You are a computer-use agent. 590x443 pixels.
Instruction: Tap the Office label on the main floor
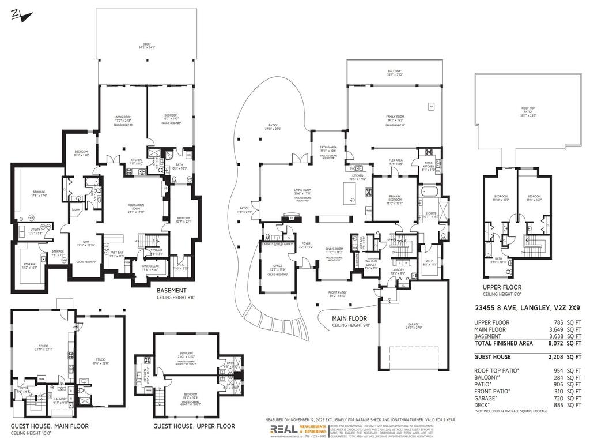click(x=278, y=266)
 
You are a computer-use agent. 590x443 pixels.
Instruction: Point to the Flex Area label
click(x=395, y=161)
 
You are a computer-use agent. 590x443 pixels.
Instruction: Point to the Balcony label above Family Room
click(x=395, y=72)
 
